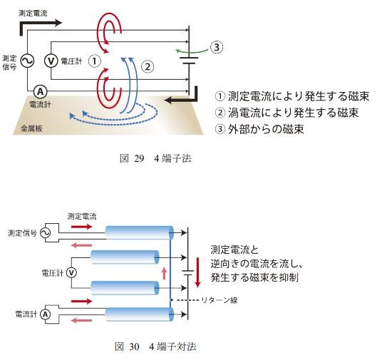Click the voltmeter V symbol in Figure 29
[51, 61]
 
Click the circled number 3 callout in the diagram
[218, 48]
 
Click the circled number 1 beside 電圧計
[93, 61]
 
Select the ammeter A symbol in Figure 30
[44, 313]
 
